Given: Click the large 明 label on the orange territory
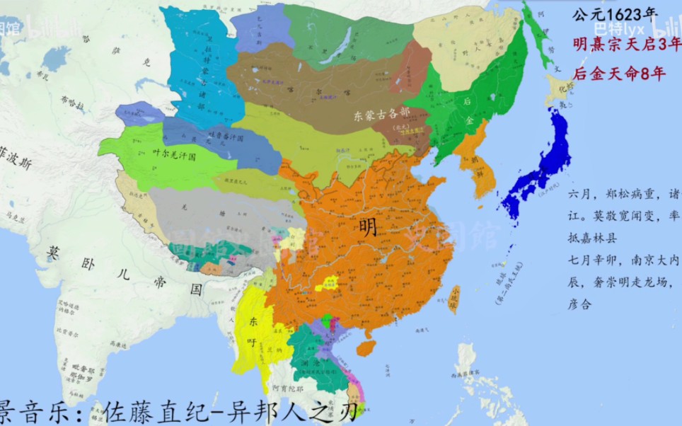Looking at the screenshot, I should click(368, 227).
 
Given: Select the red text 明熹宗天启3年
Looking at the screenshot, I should click(627, 45).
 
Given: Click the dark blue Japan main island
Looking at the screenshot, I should click(545, 170).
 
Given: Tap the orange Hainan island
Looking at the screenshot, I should click(365, 348).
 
